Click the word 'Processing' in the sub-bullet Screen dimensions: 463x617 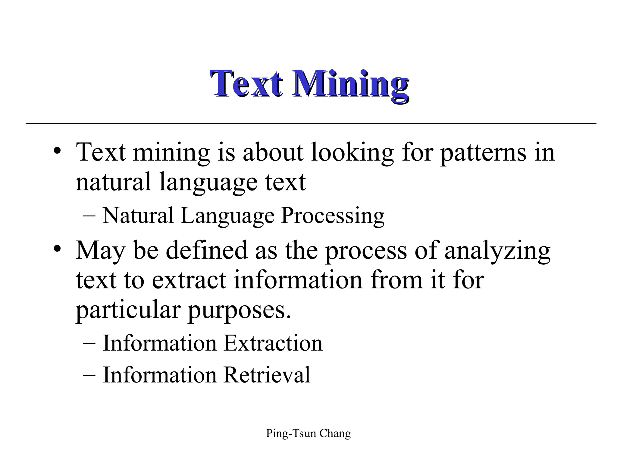click(333, 216)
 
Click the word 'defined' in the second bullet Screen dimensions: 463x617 click(206, 250)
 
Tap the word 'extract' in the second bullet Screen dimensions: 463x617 click(189, 280)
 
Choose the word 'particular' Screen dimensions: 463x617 click(128, 310)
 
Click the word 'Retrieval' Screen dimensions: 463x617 click(267, 375)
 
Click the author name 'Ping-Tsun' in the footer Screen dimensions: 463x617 click(291, 433)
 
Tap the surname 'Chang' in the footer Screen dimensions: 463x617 click(335, 433)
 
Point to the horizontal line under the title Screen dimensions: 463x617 click(310, 123)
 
